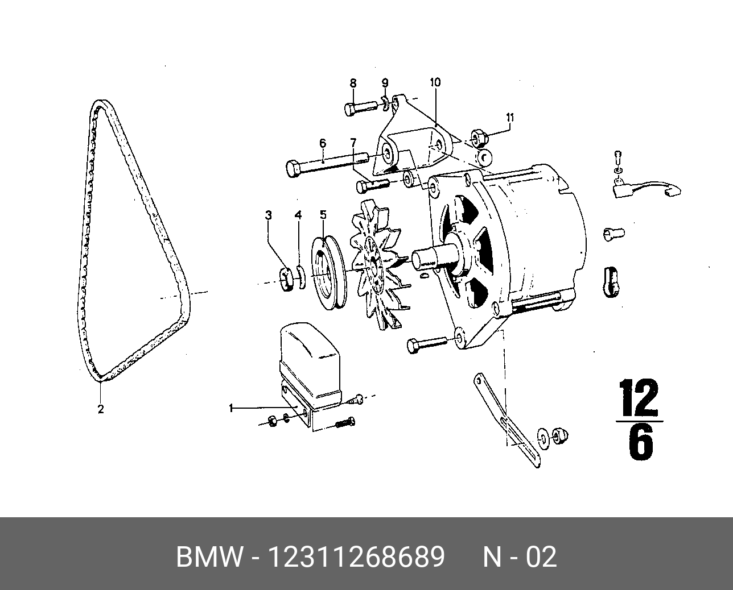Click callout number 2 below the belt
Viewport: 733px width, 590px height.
point(101,409)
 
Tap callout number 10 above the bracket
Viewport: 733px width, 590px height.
point(435,82)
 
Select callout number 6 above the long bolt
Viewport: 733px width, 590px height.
point(322,143)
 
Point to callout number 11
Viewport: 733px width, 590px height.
point(510,118)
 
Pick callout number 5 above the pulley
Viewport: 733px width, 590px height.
point(323,215)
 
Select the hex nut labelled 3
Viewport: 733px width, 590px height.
point(288,278)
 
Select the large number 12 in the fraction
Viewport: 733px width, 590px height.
point(639,398)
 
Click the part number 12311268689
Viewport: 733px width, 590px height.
point(356,558)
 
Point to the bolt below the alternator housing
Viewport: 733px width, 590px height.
point(426,343)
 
